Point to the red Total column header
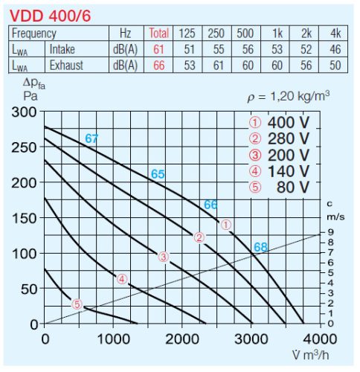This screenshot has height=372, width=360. [x=159, y=33]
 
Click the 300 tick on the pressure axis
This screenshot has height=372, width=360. [x=28, y=112]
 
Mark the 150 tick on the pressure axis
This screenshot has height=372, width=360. [x=28, y=218]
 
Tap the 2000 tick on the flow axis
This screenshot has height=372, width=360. [x=182, y=339]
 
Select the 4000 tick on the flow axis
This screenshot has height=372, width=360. [x=320, y=339]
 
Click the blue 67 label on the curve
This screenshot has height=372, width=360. [x=91, y=138]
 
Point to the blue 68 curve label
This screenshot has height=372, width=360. [x=260, y=247]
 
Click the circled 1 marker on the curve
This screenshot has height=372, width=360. [x=227, y=224]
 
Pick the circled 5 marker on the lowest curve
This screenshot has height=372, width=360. [x=77, y=304]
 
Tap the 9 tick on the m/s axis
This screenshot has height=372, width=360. [x=330, y=233]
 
